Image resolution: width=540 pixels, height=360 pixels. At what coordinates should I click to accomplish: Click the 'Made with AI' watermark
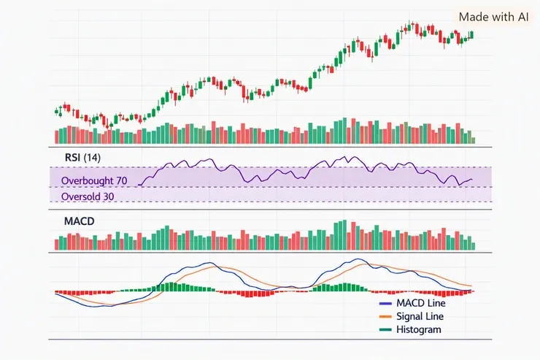[x=493, y=17]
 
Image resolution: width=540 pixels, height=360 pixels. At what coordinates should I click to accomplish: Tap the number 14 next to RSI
[x=92, y=158]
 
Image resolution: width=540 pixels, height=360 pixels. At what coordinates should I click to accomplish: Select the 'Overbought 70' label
[x=94, y=180]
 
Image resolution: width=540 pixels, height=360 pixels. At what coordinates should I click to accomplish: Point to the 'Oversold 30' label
[x=88, y=196]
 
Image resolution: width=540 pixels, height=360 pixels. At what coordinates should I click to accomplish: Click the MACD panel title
[x=80, y=221]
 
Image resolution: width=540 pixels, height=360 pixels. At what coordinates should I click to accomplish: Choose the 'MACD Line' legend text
[x=421, y=303]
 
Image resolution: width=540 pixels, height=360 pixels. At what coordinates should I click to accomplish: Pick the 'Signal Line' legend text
[x=420, y=316]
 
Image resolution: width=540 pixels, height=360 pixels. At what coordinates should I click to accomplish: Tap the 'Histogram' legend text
[x=418, y=329]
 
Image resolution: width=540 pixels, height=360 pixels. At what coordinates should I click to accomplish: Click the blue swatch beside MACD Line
[x=385, y=304]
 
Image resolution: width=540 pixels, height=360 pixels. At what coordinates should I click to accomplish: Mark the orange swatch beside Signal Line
[x=385, y=317]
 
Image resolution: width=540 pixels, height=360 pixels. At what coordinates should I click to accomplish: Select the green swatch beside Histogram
[x=385, y=329]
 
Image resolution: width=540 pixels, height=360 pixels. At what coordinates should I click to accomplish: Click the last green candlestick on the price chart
[x=472, y=34]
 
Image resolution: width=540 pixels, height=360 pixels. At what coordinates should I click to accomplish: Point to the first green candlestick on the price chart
[x=56, y=111]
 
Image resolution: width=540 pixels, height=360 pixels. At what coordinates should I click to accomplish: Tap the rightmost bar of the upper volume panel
[x=473, y=140]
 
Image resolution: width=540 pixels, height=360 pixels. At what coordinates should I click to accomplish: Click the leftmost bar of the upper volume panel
[x=57, y=137]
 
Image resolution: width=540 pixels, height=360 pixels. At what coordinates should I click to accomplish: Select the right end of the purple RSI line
[x=472, y=179]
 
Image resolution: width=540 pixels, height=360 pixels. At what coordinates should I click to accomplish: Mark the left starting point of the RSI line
[x=139, y=185]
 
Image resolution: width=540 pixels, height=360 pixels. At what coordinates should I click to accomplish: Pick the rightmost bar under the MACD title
[x=473, y=246]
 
